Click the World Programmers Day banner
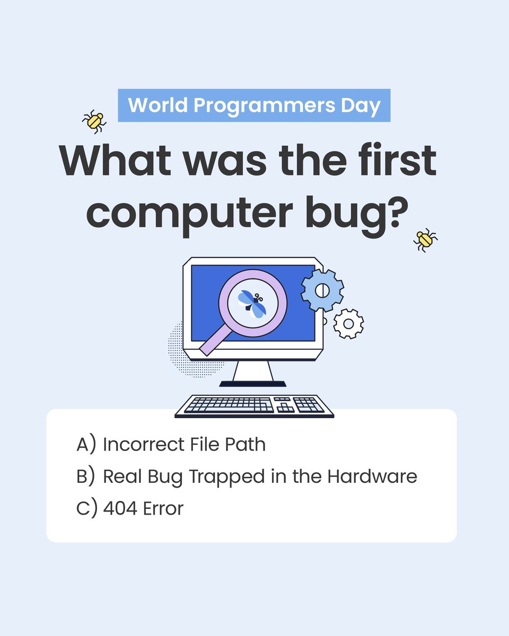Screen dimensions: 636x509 [x=254, y=105]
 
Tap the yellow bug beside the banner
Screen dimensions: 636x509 [x=94, y=121]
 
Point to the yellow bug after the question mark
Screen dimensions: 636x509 [x=425, y=240]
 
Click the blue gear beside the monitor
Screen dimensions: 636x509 [x=322, y=290]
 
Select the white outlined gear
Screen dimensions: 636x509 [x=348, y=323]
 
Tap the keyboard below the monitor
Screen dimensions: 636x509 [x=254, y=405]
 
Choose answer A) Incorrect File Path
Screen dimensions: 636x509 [x=171, y=444]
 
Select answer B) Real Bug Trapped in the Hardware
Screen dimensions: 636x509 [x=247, y=476]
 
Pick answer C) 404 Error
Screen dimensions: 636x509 [x=130, y=508]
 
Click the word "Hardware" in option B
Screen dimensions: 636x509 [x=372, y=476]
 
